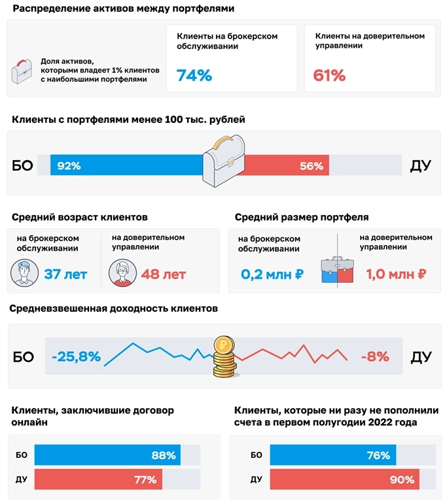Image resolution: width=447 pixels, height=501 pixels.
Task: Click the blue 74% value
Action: click(x=194, y=76)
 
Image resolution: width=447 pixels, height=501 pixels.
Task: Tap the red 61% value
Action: click(x=329, y=76)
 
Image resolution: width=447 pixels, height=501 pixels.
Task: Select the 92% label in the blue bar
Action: click(x=69, y=166)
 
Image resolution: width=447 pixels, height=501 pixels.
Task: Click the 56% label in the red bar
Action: click(x=312, y=166)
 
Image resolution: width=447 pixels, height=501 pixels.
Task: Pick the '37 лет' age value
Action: click(x=65, y=274)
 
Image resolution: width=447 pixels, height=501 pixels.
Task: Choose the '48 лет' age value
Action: click(x=163, y=274)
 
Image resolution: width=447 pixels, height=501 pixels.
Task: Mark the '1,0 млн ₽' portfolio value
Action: click(x=396, y=275)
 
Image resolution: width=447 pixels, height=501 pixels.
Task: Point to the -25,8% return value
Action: click(x=76, y=356)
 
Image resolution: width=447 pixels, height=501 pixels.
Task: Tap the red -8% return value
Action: click(x=374, y=356)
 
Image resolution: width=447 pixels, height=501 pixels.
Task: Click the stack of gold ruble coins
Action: click(x=224, y=358)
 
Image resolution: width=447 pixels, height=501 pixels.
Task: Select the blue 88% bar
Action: click(x=107, y=455)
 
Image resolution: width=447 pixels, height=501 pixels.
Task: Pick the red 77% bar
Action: click(x=98, y=479)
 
